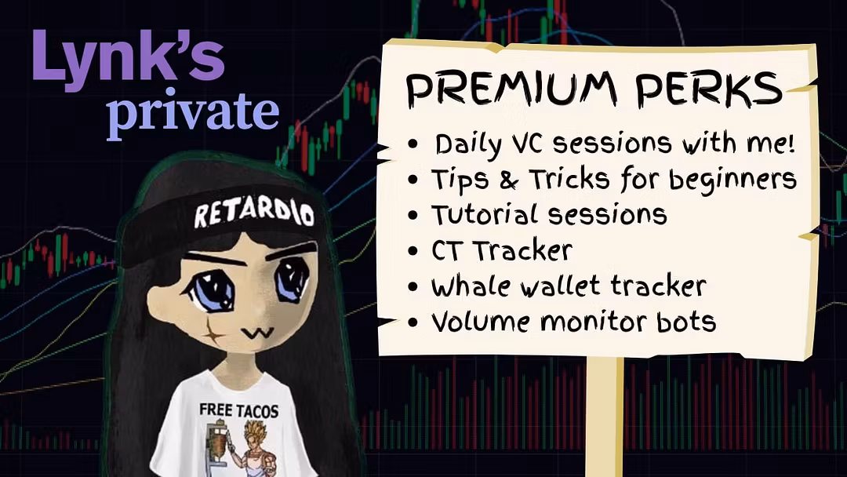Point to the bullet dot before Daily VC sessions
click(x=413, y=145)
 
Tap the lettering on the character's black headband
click(x=254, y=213)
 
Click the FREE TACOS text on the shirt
click(x=238, y=410)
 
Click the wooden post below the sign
click(x=605, y=416)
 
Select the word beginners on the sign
click(x=732, y=180)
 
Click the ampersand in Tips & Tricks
click(x=508, y=180)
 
